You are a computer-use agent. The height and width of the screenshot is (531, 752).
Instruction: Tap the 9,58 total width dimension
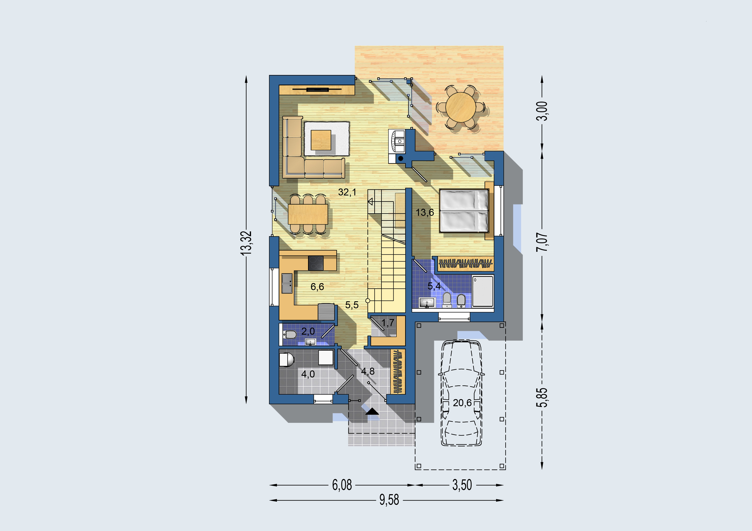click(x=389, y=500)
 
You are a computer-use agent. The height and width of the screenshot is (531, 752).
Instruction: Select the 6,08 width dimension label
click(x=342, y=485)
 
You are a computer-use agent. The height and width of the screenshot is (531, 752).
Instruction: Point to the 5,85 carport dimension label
click(x=542, y=397)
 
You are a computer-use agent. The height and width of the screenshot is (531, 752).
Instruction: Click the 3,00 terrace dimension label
click(x=542, y=111)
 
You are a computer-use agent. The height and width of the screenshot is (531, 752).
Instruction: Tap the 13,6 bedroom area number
click(x=425, y=213)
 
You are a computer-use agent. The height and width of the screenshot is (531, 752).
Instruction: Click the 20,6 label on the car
click(x=462, y=403)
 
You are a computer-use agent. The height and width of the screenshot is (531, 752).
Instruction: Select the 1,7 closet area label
click(x=388, y=323)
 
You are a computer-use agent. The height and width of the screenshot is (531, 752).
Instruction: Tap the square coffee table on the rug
click(x=321, y=140)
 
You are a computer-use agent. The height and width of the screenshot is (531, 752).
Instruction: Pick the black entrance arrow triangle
click(x=372, y=412)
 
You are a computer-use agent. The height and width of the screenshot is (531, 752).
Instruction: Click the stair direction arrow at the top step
click(x=370, y=201)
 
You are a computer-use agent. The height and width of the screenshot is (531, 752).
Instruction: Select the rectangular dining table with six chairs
click(x=308, y=214)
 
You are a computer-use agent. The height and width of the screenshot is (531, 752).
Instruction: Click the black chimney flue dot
click(x=401, y=159)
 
